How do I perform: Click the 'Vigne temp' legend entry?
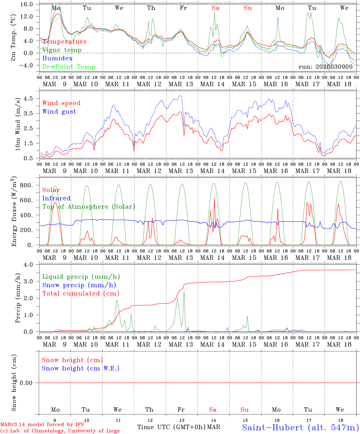[x=62, y=50]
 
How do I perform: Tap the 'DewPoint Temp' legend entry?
[x=69, y=67]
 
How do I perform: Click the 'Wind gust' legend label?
[x=59, y=112]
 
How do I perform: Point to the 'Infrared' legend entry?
[x=56, y=198]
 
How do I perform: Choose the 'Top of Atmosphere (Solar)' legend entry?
[x=89, y=207]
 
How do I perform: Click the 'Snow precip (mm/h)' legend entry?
[x=79, y=285]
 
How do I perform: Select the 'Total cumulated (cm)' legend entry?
[x=81, y=294]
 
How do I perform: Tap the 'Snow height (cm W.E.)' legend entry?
[x=81, y=368]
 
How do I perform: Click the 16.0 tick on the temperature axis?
[x=27, y=4]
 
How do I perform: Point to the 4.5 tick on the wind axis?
[x=30, y=99]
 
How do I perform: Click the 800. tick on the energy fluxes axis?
[x=26, y=185]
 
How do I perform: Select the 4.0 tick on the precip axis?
[x=30, y=265]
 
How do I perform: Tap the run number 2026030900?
[x=326, y=67]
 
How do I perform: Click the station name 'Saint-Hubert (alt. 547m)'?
[x=300, y=427]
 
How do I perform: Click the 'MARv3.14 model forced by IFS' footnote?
[x=42, y=424]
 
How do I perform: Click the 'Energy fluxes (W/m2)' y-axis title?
[x=14, y=212]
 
